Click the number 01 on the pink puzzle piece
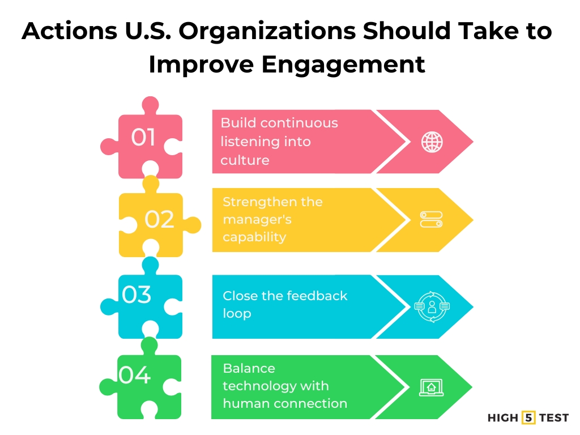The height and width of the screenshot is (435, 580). tap(143, 137)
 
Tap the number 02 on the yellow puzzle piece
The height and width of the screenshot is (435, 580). tap(159, 220)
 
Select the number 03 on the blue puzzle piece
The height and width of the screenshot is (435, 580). tap(137, 295)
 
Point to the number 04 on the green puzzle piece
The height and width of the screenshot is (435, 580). tap(135, 375)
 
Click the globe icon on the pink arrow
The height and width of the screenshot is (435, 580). tap(432, 142)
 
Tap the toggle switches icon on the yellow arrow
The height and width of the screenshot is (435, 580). tap(431, 220)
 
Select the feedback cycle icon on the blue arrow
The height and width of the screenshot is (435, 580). tap(432, 307)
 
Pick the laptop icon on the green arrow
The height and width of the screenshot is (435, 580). tap(431, 387)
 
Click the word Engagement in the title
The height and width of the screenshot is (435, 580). tap(343, 64)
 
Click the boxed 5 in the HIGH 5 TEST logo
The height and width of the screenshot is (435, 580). tap(529, 418)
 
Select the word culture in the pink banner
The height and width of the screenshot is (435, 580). tap(245, 160)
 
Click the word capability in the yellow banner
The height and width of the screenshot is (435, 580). tap(254, 237)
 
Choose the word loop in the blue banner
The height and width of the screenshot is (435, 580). tap(237, 313)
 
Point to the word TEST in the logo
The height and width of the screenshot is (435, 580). tap(554, 418)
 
